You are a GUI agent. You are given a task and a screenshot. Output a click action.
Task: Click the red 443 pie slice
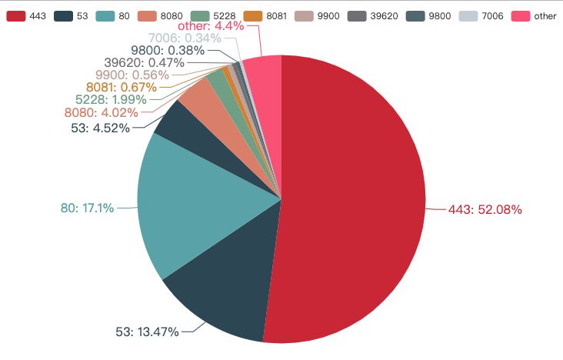pyautogui.click(x=354, y=200)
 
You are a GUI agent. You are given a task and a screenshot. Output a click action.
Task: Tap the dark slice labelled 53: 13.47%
pyautogui.click(x=223, y=292)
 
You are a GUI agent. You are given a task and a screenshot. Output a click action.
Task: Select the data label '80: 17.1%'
pyautogui.click(x=87, y=208)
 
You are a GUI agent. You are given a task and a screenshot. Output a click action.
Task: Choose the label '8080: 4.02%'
pyautogui.click(x=101, y=113)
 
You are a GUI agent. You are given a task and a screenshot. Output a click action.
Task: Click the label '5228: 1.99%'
pyautogui.click(x=112, y=100)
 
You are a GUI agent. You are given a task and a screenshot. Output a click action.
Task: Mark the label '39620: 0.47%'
pyautogui.click(x=144, y=62)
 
